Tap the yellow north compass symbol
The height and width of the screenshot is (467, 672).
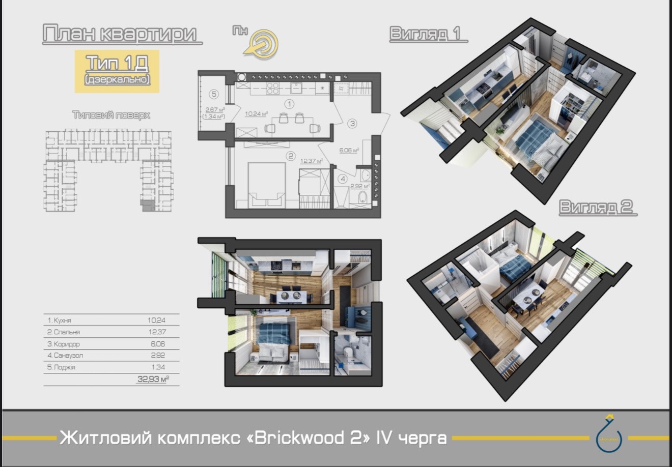(264, 43)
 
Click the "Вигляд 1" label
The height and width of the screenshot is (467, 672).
(428, 34)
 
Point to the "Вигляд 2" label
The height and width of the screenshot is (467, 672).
(598, 208)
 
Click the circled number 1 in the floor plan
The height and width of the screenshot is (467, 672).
(290, 104)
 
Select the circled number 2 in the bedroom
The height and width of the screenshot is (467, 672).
(290, 156)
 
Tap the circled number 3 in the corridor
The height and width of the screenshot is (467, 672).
(352, 123)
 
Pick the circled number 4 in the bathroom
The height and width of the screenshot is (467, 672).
(343, 179)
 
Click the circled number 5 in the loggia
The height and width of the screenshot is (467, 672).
(214, 94)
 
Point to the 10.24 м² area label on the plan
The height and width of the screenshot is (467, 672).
(256, 114)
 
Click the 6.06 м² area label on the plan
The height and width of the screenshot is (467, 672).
(349, 151)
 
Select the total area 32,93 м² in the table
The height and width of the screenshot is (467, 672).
(153, 379)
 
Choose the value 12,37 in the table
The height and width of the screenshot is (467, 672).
(156, 332)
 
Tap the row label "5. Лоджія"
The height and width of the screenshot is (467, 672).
(62, 367)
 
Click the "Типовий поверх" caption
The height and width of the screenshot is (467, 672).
(111, 115)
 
